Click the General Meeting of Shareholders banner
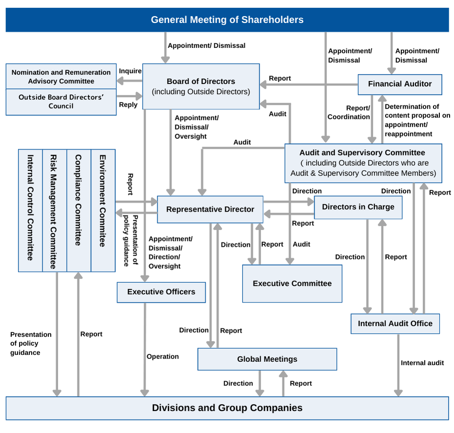pos(227,20)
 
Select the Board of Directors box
pos(201,87)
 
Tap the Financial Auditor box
pos(400,84)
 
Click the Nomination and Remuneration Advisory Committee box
pos(61,77)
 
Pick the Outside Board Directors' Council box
pos(61,102)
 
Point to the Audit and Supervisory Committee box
pos(363,163)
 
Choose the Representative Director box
pos(210,210)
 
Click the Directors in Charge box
pos(358,207)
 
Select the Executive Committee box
pos(292,283)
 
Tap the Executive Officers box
pos(161,292)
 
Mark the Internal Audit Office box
pos(395,324)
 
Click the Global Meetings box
pos(267,359)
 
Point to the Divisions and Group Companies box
pos(227,408)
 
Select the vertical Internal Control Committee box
pos(30,210)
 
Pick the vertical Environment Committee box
pos(103,210)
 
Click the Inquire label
pos(130,71)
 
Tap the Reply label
pos(128,105)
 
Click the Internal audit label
pos(422,363)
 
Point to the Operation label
pos(163,357)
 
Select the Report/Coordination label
pos(349,112)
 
